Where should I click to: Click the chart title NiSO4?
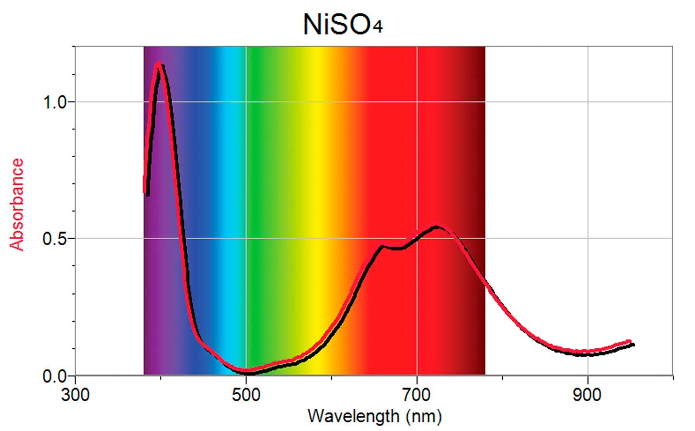[342, 24]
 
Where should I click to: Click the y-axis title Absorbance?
[18, 204]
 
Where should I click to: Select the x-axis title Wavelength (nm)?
[374, 416]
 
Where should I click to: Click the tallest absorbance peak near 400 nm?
[159, 64]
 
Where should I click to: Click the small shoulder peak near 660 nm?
[382, 246]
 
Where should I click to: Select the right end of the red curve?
[629, 342]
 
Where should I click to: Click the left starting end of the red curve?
[144, 190]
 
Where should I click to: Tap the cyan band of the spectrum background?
[228, 163]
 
